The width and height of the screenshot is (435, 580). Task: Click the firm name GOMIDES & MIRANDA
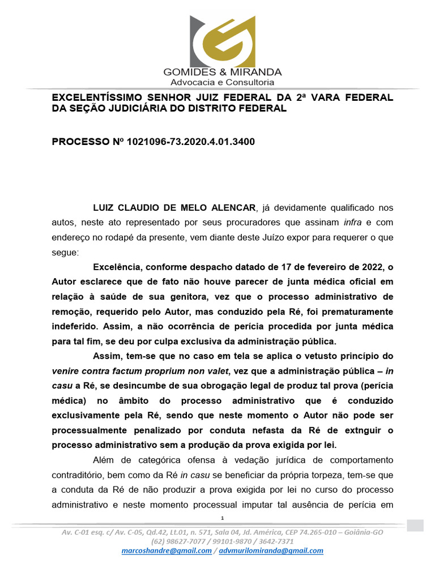click(223, 72)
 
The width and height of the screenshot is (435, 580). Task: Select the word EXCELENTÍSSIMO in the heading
click(96, 97)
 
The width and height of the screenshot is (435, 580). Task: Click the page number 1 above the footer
click(223, 518)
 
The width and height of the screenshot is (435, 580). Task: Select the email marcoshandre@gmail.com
click(167, 551)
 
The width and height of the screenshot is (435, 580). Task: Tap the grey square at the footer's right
click(415, 525)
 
